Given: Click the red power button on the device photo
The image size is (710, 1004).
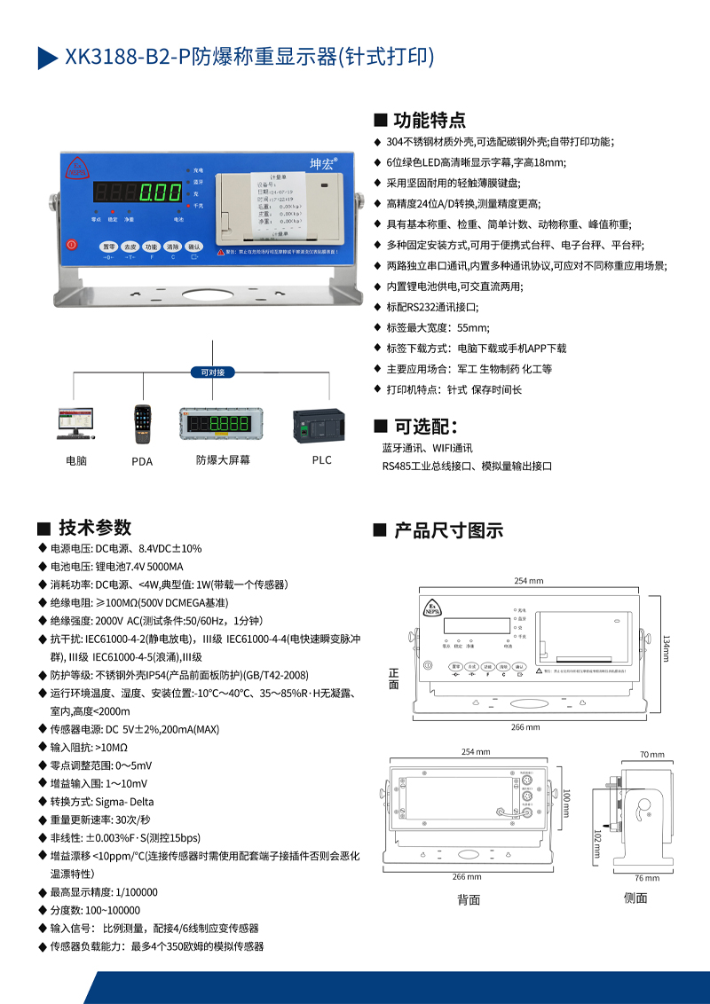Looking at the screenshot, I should (73, 244).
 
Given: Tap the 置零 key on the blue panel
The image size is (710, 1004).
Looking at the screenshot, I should (108, 247).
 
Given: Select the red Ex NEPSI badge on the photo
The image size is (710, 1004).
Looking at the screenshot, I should (76, 167).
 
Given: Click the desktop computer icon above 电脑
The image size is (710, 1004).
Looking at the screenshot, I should (75, 424).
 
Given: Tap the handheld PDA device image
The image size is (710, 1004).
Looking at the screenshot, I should (141, 424).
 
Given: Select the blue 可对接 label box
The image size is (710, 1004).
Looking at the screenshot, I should (212, 373).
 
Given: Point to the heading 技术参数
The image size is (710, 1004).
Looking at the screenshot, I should (95, 527).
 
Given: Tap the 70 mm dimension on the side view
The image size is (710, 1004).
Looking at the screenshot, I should (651, 755).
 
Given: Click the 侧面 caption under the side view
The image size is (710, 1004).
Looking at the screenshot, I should (635, 898).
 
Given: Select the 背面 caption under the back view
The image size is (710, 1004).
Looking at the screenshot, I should (469, 899).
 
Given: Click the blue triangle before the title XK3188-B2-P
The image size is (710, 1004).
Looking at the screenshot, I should (47, 58).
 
